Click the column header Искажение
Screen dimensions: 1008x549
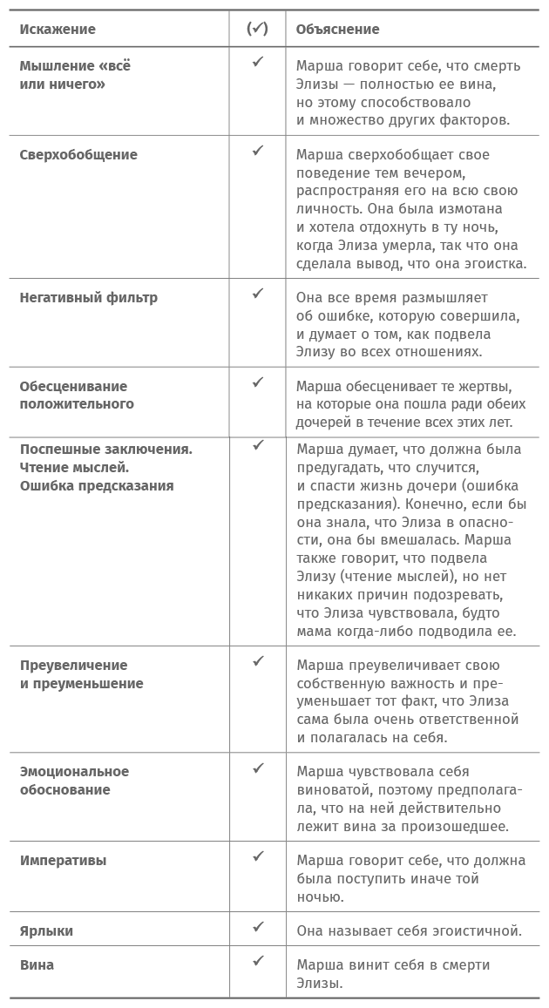click(58, 30)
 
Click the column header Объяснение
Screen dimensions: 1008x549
click(337, 30)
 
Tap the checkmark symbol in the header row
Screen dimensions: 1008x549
click(257, 29)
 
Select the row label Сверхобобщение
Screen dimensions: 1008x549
click(78, 155)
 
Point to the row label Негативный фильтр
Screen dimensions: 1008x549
click(89, 297)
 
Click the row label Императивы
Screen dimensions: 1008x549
click(64, 861)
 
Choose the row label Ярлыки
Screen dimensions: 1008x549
click(47, 930)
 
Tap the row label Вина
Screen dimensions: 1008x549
click(37, 964)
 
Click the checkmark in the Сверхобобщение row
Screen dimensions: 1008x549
click(258, 151)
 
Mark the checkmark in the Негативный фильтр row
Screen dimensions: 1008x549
click(258, 294)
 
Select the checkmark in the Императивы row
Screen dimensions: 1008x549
click(258, 856)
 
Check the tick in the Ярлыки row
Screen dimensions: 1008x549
click(258, 927)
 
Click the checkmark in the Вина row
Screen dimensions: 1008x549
click(258, 961)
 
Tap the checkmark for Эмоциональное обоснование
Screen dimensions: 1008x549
click(258, 768)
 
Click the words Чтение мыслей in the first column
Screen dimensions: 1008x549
click(74, 468)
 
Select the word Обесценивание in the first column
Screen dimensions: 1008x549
click(73, 386)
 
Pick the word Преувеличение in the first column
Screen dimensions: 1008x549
click(73, 666)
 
